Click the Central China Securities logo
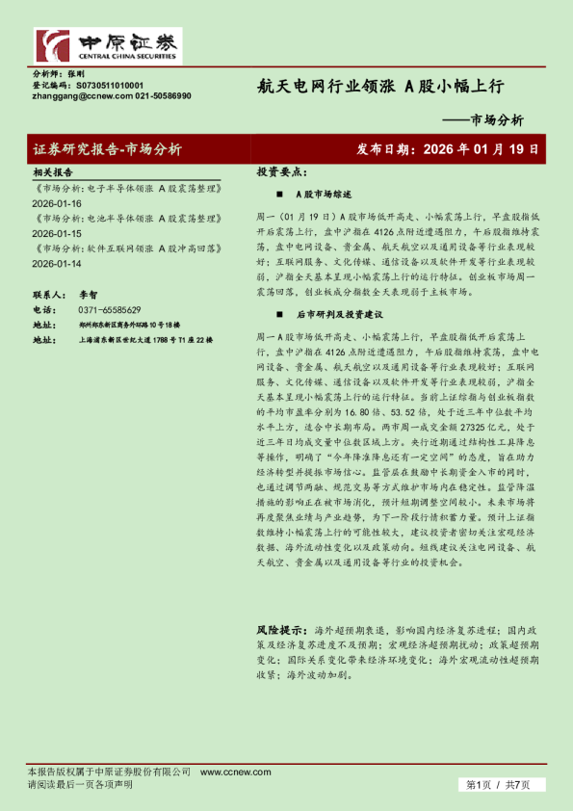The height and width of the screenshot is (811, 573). coord(107,45)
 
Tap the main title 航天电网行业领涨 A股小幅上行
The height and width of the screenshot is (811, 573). coord(379,86)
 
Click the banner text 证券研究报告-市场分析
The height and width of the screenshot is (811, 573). coord(107,149)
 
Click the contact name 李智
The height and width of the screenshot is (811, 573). coord(88,295)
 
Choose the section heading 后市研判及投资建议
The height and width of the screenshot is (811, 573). coord(339,314)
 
